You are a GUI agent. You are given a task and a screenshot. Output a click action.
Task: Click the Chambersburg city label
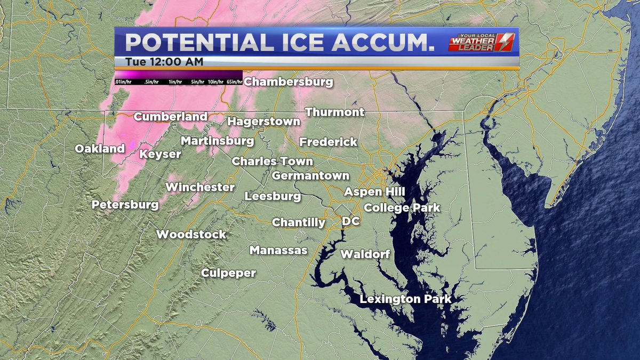click(x=289, y=82)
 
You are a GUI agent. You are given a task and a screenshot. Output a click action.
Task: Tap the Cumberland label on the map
click(x=171, y=117)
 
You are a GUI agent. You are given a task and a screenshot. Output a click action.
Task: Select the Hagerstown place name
click(x=264, y=122)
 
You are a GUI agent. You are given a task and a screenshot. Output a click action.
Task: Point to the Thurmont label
click(x=335, y=112)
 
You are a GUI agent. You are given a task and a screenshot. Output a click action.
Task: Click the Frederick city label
click(x=328, y=142)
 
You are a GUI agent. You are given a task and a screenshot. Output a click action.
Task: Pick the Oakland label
click(x=100, y=149)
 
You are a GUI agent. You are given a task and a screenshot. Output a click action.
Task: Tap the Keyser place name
click(x=160, y=155)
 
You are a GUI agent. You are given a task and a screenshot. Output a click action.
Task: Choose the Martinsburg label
click(x=217, y=141)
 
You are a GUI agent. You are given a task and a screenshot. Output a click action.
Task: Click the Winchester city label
click(x=200, y=187)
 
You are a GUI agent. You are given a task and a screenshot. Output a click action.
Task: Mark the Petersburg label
click(x=125, y=205)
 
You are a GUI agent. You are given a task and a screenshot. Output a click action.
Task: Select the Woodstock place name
click(x=191, y=235)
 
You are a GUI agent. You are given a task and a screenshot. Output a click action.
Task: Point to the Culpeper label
click(x=229, y=273)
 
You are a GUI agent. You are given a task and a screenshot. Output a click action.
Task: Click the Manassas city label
click(x=278, y=250)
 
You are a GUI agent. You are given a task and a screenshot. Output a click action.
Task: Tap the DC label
click(x=351, y=221)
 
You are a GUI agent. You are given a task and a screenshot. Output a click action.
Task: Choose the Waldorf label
click(x=365, y=254)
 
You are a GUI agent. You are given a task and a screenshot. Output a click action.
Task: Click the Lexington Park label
click(x=405, y=299)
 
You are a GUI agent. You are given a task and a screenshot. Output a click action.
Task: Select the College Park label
click(x=402, y=207)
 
